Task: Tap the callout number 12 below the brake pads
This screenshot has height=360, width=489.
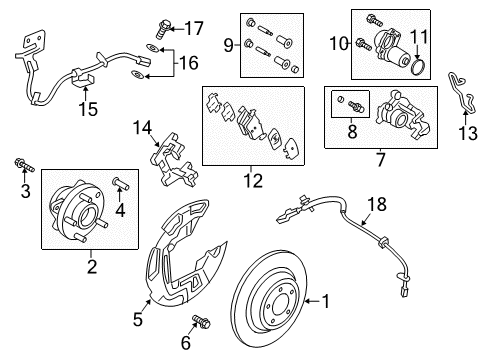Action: pos(251,182)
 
